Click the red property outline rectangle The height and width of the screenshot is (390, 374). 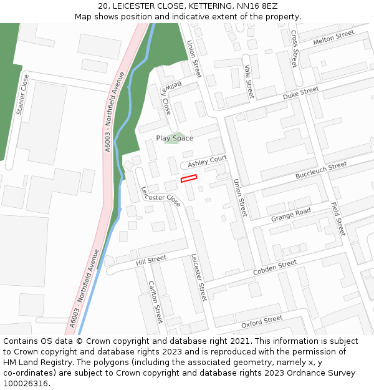[189, 178]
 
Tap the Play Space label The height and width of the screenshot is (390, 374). [175, 139]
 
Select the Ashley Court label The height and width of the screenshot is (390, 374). [208, 162]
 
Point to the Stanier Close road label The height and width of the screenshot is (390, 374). [23, 95]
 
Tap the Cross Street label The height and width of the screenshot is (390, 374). [294, 48]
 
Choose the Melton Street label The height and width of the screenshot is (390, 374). [333, 37]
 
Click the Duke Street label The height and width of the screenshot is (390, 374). [300, 94]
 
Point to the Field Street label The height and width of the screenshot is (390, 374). [337, 218]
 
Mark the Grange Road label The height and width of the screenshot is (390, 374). [290, 215]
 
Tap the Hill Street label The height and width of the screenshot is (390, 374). [151, 258]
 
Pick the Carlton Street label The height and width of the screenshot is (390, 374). [155, 302]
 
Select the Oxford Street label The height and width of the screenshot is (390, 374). [262, 322]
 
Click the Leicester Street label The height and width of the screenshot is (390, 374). [199, 277]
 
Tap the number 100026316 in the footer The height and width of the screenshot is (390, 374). [27, 384]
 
